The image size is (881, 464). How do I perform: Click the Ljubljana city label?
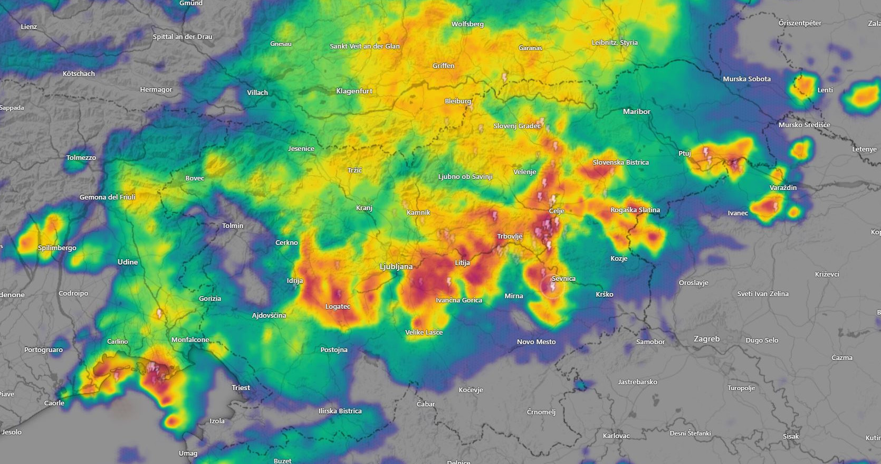[396, 267]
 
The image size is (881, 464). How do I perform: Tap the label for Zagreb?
[706, 339]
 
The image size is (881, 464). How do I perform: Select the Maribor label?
[636, 111]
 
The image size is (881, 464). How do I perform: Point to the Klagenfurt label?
[354, 91]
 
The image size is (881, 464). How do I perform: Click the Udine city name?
[128, 262]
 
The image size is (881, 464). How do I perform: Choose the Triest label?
[241, 387]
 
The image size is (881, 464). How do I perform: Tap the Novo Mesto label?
[536, 342]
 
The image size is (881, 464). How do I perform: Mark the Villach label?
[257, 92]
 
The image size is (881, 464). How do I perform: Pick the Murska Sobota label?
[746, 79]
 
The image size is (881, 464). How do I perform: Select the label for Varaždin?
[783, 187]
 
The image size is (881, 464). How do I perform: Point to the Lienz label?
[29, 26]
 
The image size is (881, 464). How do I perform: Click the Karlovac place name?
[616, 435]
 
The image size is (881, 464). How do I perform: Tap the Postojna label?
[334, 349]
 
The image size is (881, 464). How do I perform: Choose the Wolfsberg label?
[467, 24]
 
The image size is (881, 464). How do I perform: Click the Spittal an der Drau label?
[183, 36]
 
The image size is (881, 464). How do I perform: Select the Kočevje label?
[471, 390]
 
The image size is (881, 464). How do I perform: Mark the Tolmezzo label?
[81, 157]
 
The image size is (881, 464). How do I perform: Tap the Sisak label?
[790, 436]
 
